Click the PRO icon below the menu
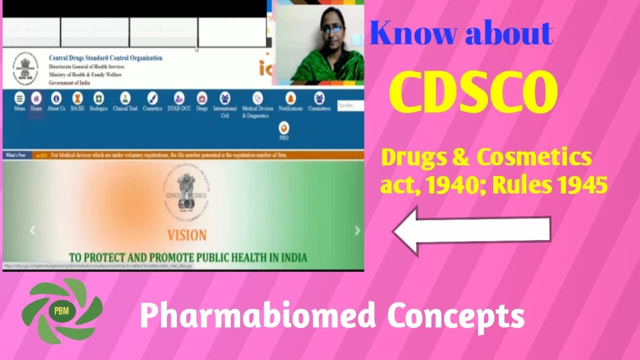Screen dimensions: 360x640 click(283, 131)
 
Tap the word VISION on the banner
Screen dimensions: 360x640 click(186, 235)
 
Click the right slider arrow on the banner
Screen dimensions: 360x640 click(357, 230)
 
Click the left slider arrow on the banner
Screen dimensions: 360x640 click(32, 230)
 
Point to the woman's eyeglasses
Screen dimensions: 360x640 click(332, 29)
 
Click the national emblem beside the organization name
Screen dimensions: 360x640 click(22, 69)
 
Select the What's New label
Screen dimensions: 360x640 click(15, 155)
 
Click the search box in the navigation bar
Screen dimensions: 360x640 click(350, 105)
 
